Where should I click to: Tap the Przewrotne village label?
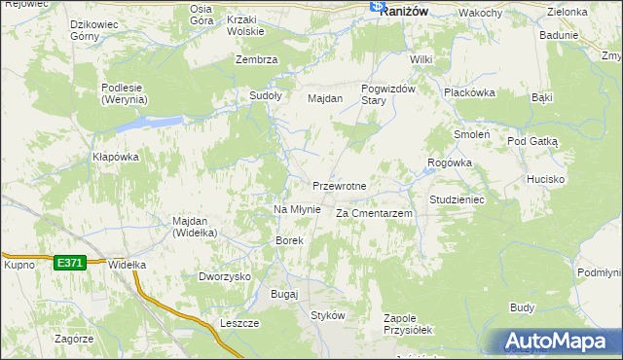click(x=339, y=186)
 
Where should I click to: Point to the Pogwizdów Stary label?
click(x=388, y=94)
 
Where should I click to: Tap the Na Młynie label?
click(x=297, y=209)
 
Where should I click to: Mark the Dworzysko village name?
click(x=225, y=276)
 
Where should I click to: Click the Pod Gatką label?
click(x=531, y=141)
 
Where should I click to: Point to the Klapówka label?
click(x=116, y=157)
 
